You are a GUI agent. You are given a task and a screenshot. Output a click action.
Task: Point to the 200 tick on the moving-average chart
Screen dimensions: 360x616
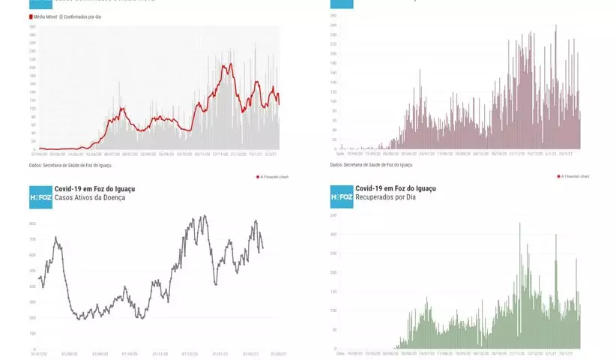32,67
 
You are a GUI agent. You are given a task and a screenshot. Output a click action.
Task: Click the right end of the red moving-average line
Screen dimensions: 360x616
280,103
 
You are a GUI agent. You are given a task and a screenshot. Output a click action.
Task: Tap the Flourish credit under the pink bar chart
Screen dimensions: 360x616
574,176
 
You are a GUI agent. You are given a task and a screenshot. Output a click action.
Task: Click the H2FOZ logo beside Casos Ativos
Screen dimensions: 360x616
40,197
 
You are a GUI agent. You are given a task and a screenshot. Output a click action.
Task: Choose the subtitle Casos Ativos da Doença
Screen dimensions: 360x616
89,197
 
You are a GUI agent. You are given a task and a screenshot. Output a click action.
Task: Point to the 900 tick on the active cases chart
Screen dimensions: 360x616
32,223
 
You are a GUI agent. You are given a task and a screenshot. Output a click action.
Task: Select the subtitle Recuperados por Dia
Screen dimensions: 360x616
386,197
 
